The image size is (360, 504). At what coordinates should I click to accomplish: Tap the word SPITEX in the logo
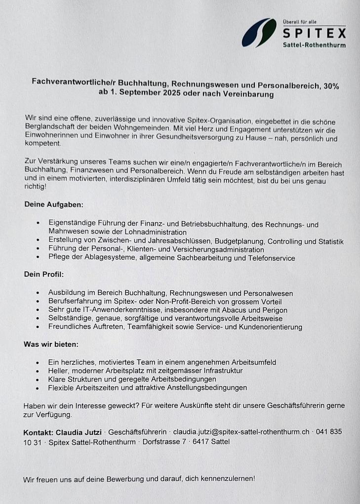pos(314,34)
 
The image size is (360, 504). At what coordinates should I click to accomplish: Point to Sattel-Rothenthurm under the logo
pos(314,45)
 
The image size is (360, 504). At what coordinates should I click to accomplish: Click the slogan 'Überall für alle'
pos(300,22)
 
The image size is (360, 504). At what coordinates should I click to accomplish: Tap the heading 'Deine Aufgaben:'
pos(54,204)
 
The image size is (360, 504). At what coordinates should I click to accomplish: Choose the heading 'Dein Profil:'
pos(44,274)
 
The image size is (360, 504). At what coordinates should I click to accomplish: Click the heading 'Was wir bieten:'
pos(51,344)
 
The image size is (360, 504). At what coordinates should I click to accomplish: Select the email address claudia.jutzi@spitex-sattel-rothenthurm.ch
pos(241,432)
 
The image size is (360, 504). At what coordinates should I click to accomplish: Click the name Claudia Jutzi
pos(80,432)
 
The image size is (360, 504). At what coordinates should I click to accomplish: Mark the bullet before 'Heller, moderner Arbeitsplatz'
pos(38,371)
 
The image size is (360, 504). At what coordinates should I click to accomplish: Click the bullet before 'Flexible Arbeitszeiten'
pos(38,388)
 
